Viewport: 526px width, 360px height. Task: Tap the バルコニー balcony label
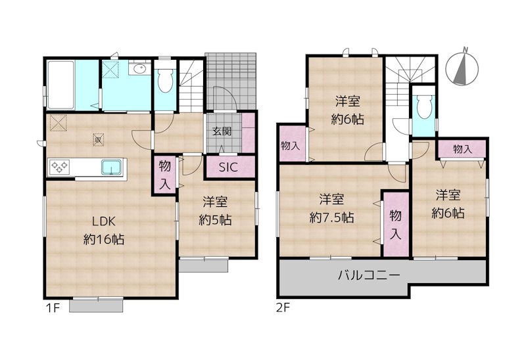click(369, 275)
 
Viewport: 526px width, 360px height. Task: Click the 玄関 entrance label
click(222, 131)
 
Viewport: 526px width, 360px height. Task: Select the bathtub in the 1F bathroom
click(60, 85)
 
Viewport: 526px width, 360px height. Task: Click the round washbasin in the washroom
click(139, 70)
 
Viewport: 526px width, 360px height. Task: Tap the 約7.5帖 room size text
click(331, 218)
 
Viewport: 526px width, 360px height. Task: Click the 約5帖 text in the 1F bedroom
click(218, 221)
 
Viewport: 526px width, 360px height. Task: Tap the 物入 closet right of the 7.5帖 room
click(395, 224)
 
